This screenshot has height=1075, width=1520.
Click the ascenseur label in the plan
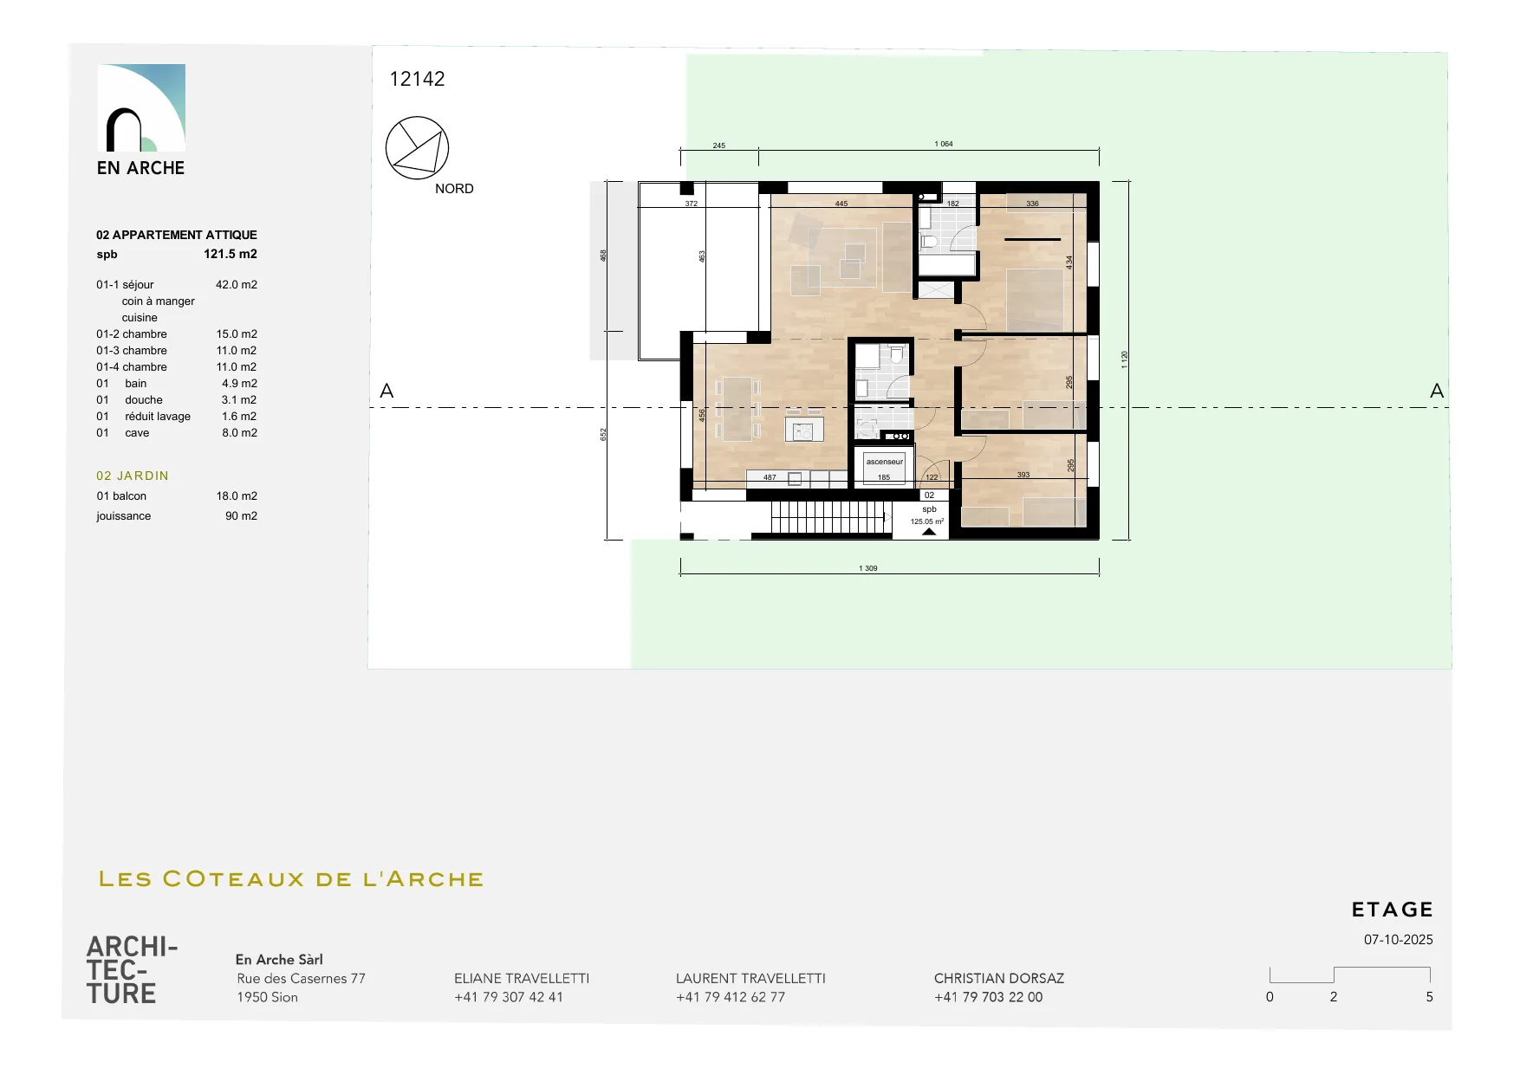tap(885, 462)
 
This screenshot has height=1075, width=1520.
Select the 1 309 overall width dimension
tap(868, 568)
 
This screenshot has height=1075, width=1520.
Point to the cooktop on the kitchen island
tap(803, 429)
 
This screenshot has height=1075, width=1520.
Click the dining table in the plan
tap(737, 408)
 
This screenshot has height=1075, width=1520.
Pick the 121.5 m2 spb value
tap(231, 254)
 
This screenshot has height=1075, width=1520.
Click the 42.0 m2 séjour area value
tap(237, 284)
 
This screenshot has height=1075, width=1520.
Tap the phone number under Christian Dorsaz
tap(988, 997)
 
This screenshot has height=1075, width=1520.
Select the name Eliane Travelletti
tap(522, 978)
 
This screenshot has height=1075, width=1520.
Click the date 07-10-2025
tap(1399, 940)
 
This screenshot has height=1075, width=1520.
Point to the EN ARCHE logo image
tap(141, 107)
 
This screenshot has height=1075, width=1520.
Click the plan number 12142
tap(417, 79)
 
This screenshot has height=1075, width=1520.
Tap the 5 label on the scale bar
tap(1430, 997)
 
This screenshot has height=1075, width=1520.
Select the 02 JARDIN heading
tap(133, 476)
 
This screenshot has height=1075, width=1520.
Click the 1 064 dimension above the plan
tap(944, 144)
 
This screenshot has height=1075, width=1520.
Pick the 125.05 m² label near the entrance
tap(927, 521)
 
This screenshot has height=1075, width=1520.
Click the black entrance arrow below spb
tap(929, 532)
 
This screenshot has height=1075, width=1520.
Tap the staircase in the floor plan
tap(829, 517)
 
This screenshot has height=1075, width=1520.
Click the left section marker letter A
tap(386, 392)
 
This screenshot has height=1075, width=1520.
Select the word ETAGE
tap(1393, 910)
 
